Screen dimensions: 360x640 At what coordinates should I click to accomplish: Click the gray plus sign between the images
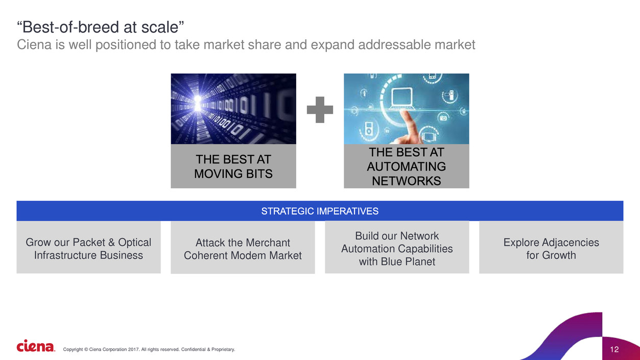320,110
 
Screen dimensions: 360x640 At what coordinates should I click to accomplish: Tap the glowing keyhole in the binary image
198,104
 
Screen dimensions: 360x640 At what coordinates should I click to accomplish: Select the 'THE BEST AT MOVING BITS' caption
233,166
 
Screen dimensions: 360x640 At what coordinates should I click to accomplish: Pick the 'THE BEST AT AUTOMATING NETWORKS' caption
406,166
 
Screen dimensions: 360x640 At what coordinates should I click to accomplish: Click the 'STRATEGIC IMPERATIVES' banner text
320,211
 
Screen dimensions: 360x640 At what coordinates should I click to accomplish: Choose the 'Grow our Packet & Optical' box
88,248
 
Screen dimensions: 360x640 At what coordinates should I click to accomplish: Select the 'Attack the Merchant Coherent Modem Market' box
243,249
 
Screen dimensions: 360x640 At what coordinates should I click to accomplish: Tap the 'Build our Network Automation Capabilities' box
397,248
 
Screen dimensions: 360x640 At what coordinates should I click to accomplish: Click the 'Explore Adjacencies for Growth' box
551,248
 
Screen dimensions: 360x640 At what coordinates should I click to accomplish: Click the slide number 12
614,350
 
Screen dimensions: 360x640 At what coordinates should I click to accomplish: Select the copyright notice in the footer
149,349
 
